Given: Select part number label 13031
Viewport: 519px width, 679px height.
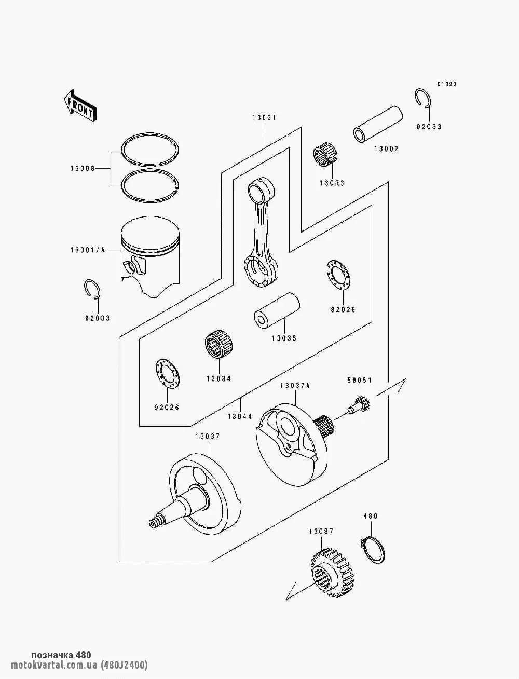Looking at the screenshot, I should click(x=265, y=118).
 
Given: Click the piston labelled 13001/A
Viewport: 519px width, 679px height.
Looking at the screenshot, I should click(x=150, y=254).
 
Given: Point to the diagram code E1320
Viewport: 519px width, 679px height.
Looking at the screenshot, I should click(x=446, y=84).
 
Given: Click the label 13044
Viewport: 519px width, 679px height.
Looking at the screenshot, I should click(x=240, y=417).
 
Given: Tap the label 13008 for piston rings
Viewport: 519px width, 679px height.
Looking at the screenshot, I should click(x=84, y=168).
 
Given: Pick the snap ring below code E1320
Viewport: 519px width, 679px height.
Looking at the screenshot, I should click(x=424, y=99).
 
